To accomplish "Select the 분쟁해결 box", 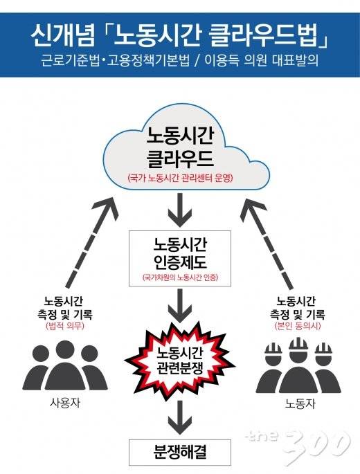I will [x=179, y=453].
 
